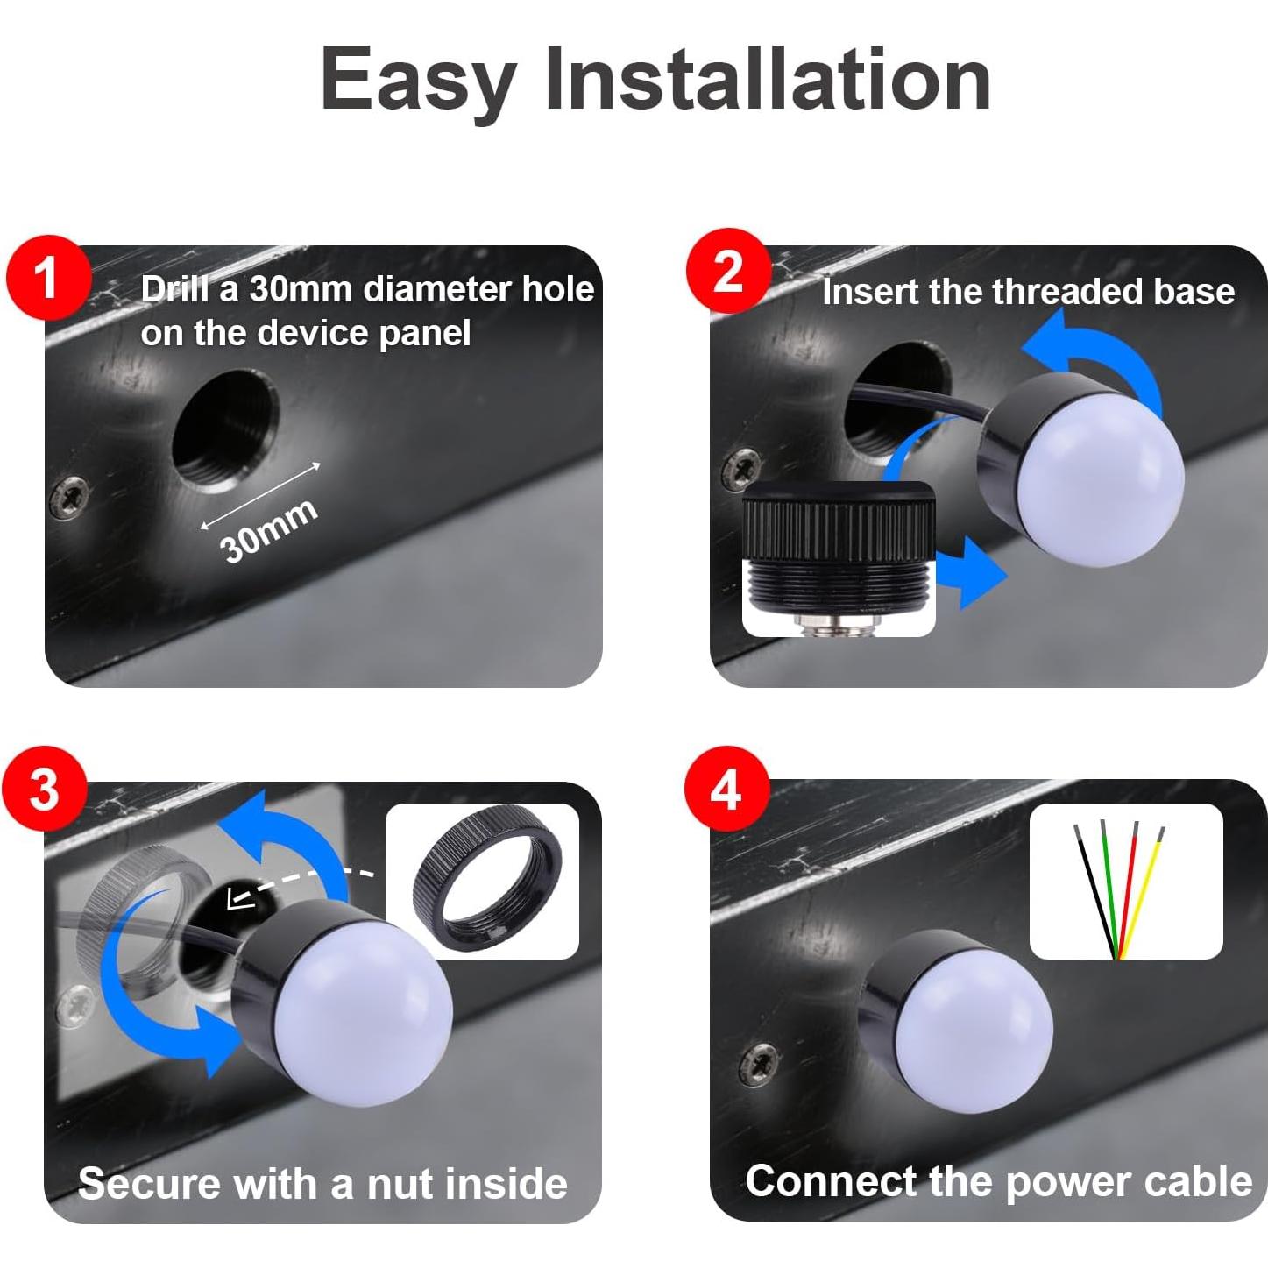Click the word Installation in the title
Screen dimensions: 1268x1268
point(768,79)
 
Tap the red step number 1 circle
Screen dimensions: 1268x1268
point(46,278)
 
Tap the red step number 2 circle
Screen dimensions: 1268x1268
point(728,271)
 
